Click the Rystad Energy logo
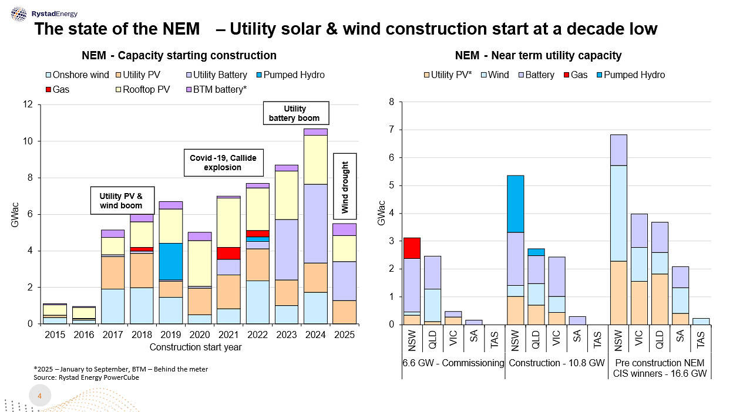point(43,13)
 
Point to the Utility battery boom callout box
point(295,114)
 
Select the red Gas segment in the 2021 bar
point(228,253)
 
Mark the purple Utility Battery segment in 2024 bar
point(316,224)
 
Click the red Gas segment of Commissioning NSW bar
point(412,248)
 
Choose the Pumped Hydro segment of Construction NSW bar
point(515,204)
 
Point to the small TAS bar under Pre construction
point(700,321)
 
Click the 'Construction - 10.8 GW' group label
point(556,363)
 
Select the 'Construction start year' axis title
point(196,347)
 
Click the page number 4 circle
point(40,397)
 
